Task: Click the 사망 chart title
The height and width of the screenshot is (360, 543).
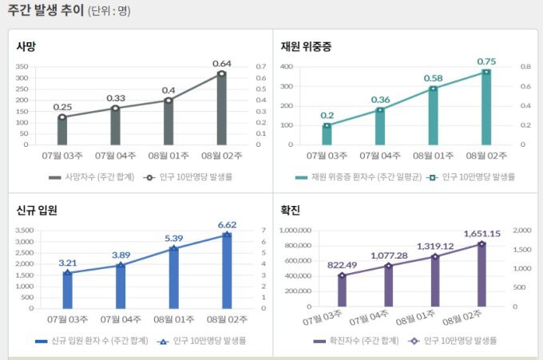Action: pyautogui.click(x=26, y=46)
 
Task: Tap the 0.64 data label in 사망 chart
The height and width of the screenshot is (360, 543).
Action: pyautogui.click(x=221, y=64)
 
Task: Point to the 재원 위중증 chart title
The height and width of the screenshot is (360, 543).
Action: pyautogui.click(x=306, y=46)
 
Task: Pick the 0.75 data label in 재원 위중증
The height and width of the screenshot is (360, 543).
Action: pyautogui.click(x=486, y=61)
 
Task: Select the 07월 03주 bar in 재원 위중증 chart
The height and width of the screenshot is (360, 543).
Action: pyautogui.click(x=327, y=135)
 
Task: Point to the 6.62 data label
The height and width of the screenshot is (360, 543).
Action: pyautogui.click(x=227, y=225)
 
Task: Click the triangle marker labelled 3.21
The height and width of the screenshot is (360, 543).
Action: pyautogui.click(x=67, y=273)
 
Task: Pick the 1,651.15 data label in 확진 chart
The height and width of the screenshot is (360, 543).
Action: pyautogui.click(x=481, y=234)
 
